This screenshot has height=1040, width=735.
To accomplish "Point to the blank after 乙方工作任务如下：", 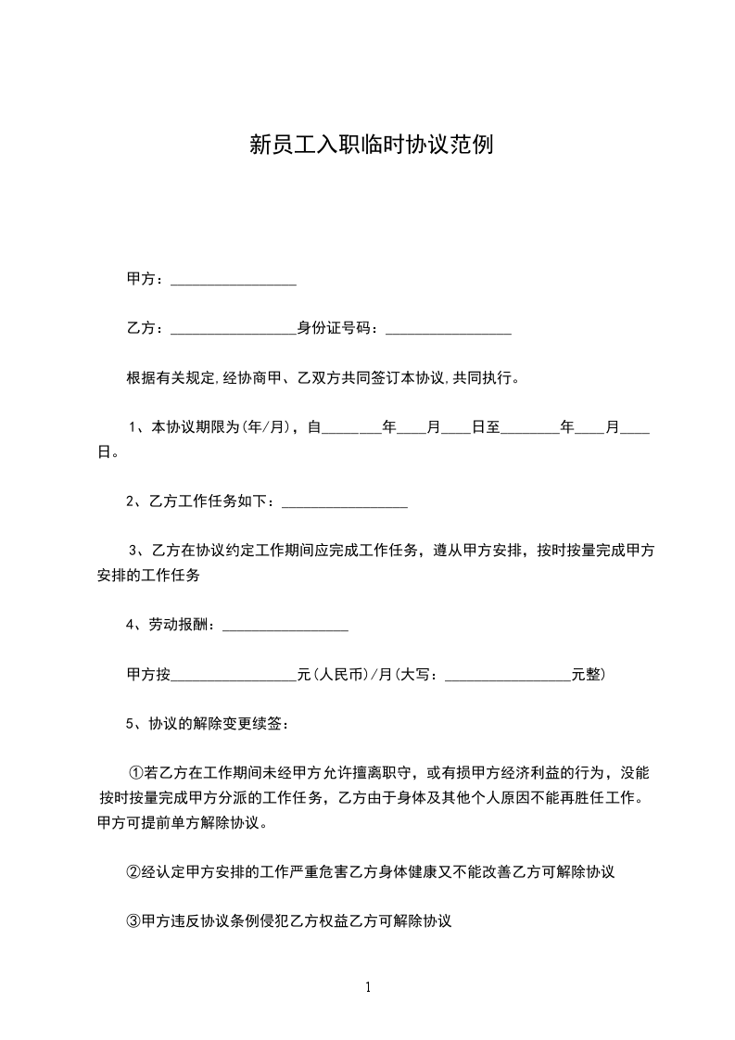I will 345,505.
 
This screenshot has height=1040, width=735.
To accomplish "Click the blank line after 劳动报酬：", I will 285,630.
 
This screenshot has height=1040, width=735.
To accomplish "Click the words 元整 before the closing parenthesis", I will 585,675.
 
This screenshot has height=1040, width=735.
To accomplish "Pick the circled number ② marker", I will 133,872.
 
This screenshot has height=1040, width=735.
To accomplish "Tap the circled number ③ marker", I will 133,921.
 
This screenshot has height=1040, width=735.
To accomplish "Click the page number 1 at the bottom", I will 368,987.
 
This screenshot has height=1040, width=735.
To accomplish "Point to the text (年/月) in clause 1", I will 267,427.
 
